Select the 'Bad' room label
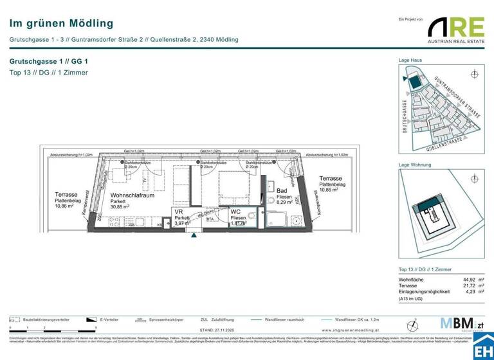tap(282, 191)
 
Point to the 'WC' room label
tap(235, 212)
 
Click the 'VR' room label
tap(178, 212)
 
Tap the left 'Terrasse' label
tap(66, 194)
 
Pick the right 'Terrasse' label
tap(330, 178)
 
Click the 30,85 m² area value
tap(120, 207)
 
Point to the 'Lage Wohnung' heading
tap(415, 165)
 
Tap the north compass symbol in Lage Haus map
tap(475, 75)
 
